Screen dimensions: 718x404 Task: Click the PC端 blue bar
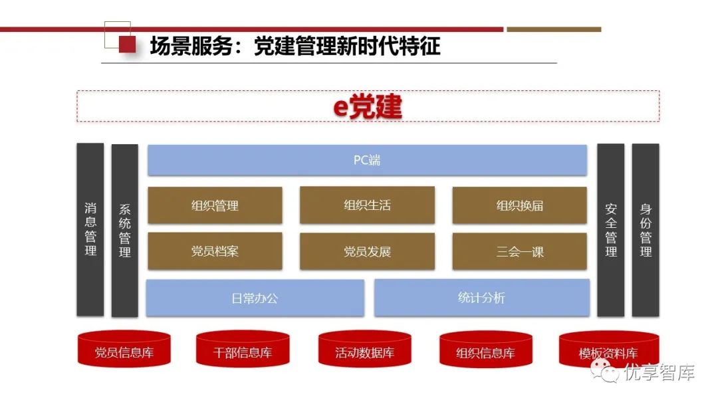[x=367, y=160]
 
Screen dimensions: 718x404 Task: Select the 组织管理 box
[x=215, y=205]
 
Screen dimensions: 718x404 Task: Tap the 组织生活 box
[x=367, y=205]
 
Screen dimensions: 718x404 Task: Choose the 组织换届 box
[x=519, y=205]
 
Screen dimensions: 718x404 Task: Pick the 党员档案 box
[x=215, y=251]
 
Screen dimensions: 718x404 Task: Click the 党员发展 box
[x=367, y=251]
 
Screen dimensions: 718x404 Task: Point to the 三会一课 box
[x=519, y=251]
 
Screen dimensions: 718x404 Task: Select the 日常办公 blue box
[x=255, y=298]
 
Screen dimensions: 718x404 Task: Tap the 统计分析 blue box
[x=481, y=298]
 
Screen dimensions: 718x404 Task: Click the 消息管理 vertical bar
[x=90, y=229]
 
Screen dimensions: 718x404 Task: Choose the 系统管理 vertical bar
[x=125, y=230]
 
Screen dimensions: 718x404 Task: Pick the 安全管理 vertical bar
[x=610, y=229]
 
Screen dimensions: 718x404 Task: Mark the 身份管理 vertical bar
[x=646, y=229]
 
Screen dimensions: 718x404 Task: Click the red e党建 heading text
[x=368, y=107]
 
